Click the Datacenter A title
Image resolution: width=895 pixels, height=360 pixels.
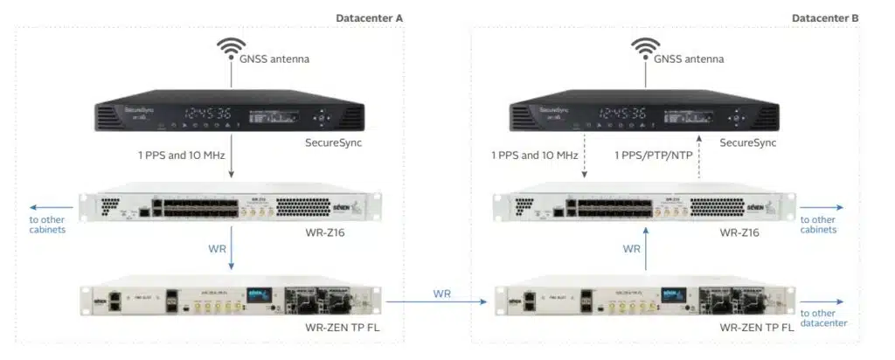click(369, 17)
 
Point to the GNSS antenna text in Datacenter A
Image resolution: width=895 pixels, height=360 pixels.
click(275, 60)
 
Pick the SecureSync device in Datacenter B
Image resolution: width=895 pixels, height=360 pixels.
click(645, 115)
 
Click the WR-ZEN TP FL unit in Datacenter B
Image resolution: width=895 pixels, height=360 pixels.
click(645, 301)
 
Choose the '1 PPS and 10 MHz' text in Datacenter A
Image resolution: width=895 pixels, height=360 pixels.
click(182, 156)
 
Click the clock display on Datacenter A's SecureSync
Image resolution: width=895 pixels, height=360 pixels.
click(208, 114)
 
